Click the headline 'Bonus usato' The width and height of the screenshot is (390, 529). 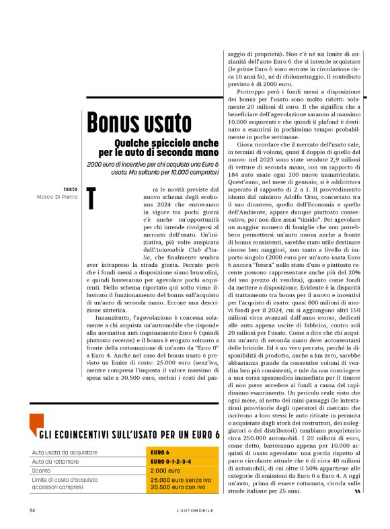point(139,123)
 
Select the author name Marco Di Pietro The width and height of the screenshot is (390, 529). point(57,197)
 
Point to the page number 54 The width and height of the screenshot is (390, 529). point(32,510)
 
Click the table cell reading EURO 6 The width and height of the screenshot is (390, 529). point(160,452)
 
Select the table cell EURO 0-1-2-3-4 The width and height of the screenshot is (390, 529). point(171,461)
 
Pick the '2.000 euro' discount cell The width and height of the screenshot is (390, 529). point(165,471)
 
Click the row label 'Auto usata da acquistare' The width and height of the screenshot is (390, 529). point(65,452)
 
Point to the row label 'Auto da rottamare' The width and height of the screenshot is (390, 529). point(56,461)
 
